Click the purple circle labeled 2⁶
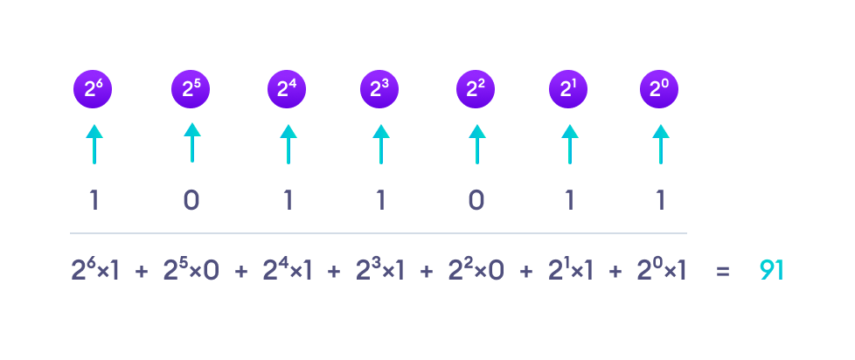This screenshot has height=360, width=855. click(93, 89)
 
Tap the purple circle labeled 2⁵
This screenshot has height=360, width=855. click(191, 89)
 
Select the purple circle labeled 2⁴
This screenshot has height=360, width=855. click(287, 89)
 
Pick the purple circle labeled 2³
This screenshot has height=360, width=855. click(379, 89)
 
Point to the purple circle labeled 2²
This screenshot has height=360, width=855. click(476, 89)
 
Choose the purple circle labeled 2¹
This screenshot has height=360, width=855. click(568, 89)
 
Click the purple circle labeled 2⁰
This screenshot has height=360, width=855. click(659, 89)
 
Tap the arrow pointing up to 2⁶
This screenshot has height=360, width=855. click(94, 144)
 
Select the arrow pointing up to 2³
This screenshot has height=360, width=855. click(380, 144)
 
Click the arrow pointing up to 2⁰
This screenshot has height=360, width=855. click(660, 144)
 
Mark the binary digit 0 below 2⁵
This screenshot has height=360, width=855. click(191, 201)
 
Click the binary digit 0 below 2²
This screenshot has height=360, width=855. click(476, 201)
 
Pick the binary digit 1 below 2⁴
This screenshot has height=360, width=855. click(288, 201)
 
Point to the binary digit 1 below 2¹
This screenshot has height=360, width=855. click(569, 201)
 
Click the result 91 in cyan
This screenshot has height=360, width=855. click(772, 271)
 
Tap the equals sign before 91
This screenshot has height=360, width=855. click(722, 272)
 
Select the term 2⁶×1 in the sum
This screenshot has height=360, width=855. click(94, 270)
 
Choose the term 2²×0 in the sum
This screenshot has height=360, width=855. click(476, 270)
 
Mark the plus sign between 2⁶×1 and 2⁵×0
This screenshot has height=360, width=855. click(142, 272)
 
